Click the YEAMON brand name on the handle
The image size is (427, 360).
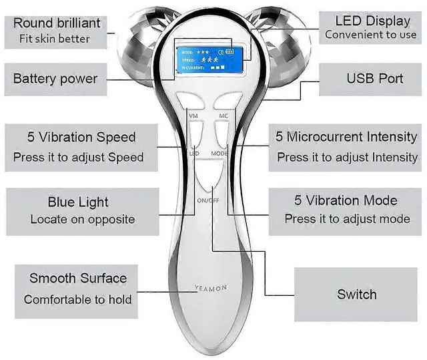point(210,288)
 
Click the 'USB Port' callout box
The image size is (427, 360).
point(374,78)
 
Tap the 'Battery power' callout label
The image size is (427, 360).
point(55,79)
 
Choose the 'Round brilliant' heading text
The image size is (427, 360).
point(56,23)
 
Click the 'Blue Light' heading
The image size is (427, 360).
point(78,202)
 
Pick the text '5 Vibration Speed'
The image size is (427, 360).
point(81,137)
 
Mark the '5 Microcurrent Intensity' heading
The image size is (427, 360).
point(346,137)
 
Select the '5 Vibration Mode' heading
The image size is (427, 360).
point(346,200)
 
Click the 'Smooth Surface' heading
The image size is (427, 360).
point(78,278)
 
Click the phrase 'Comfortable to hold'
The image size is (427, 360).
point(78,299)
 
